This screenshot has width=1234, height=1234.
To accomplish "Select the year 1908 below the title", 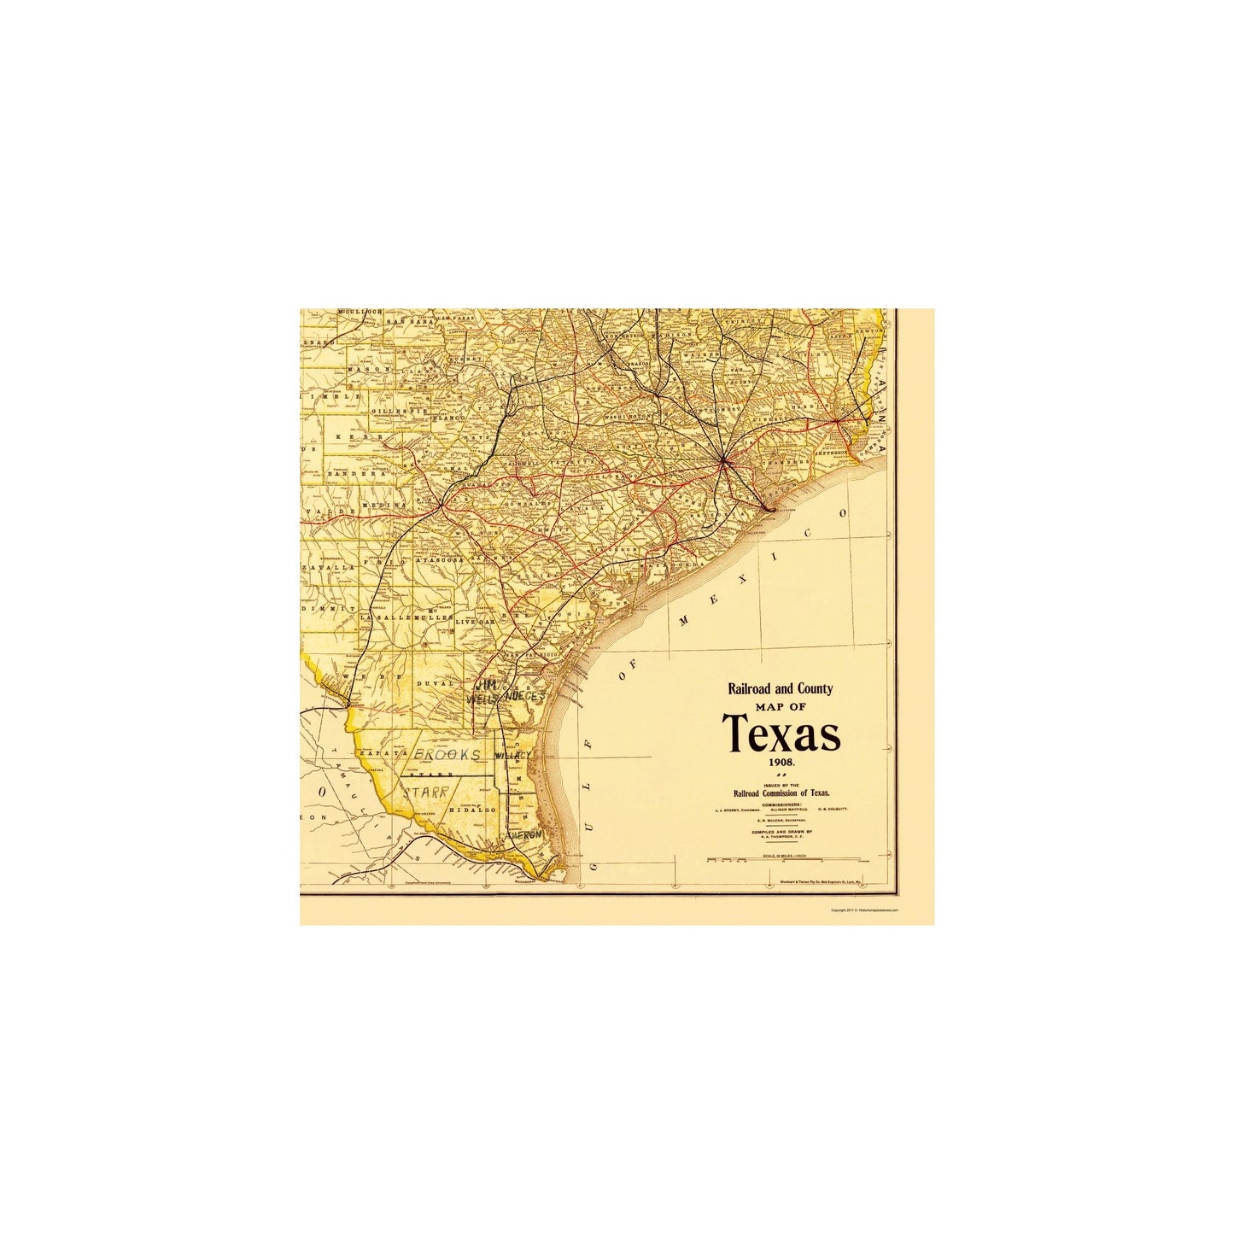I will (781, 761).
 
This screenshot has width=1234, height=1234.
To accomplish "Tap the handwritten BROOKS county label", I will (447, 755).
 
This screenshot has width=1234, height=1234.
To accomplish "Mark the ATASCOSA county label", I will (439, 559).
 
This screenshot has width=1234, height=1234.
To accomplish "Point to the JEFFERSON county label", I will (832, 453).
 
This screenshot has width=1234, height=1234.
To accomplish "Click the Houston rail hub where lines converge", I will (724, 462).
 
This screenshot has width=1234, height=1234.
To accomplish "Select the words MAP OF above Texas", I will (780, 707).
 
